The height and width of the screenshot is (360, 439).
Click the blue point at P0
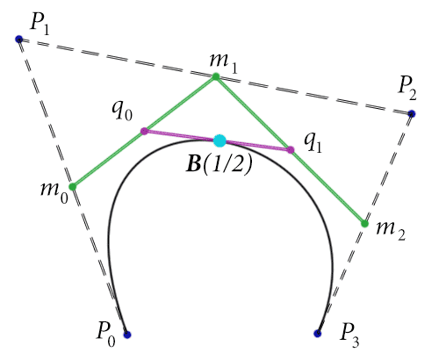coord(127,335)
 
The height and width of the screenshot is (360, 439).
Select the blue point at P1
coord(19,39)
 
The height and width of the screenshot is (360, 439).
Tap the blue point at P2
coord(412,113)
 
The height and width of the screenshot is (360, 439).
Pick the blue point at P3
coord(318,333)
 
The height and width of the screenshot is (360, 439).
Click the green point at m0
coord(73,186)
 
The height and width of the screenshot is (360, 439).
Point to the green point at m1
coord(216,76)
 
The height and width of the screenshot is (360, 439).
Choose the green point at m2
coord(364,224)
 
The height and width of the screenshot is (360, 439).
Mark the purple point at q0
coord(144,131)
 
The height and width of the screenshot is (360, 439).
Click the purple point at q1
coord(291,150)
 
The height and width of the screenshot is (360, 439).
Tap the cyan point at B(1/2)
coord(219,140)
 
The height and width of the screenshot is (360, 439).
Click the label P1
coord(40,25)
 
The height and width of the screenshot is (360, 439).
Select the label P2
coord(407,90)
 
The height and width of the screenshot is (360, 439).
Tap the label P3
coord(349,336)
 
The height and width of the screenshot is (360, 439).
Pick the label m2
coord(391,231)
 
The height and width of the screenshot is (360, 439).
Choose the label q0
coord(122,112)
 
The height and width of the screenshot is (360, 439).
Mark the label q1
coord(313,143)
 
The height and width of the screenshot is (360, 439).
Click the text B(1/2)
coord(219,164)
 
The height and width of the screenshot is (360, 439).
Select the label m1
coord(223,63)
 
